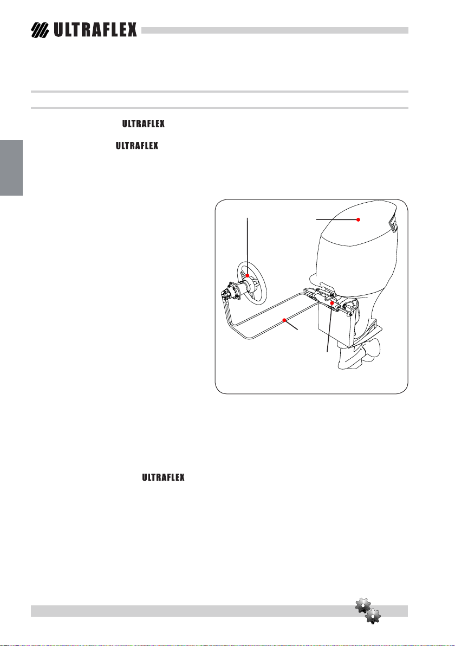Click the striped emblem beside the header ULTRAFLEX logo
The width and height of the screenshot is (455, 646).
(40, 30)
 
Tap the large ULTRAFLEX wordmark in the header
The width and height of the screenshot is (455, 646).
(95, 30)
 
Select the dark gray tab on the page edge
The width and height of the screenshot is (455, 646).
(11, 167)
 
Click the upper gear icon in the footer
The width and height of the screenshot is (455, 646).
(363, 606)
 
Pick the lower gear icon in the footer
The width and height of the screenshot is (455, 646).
(373, 616)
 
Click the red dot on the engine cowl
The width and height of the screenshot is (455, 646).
(358, 219)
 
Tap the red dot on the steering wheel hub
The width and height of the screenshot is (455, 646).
(248, 275)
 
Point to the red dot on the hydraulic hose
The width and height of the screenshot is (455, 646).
(284, 320)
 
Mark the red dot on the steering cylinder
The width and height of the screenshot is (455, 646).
(332, 303)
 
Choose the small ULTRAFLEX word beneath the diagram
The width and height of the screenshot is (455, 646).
(164, 477)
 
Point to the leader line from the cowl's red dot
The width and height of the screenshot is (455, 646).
(337, 219)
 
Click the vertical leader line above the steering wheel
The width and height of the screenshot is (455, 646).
(248, 247)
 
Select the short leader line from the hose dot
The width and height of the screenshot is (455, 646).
(291, 325)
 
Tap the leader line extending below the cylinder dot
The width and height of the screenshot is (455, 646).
(329, 327)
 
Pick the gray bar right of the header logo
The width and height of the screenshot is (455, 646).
(275, 30)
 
